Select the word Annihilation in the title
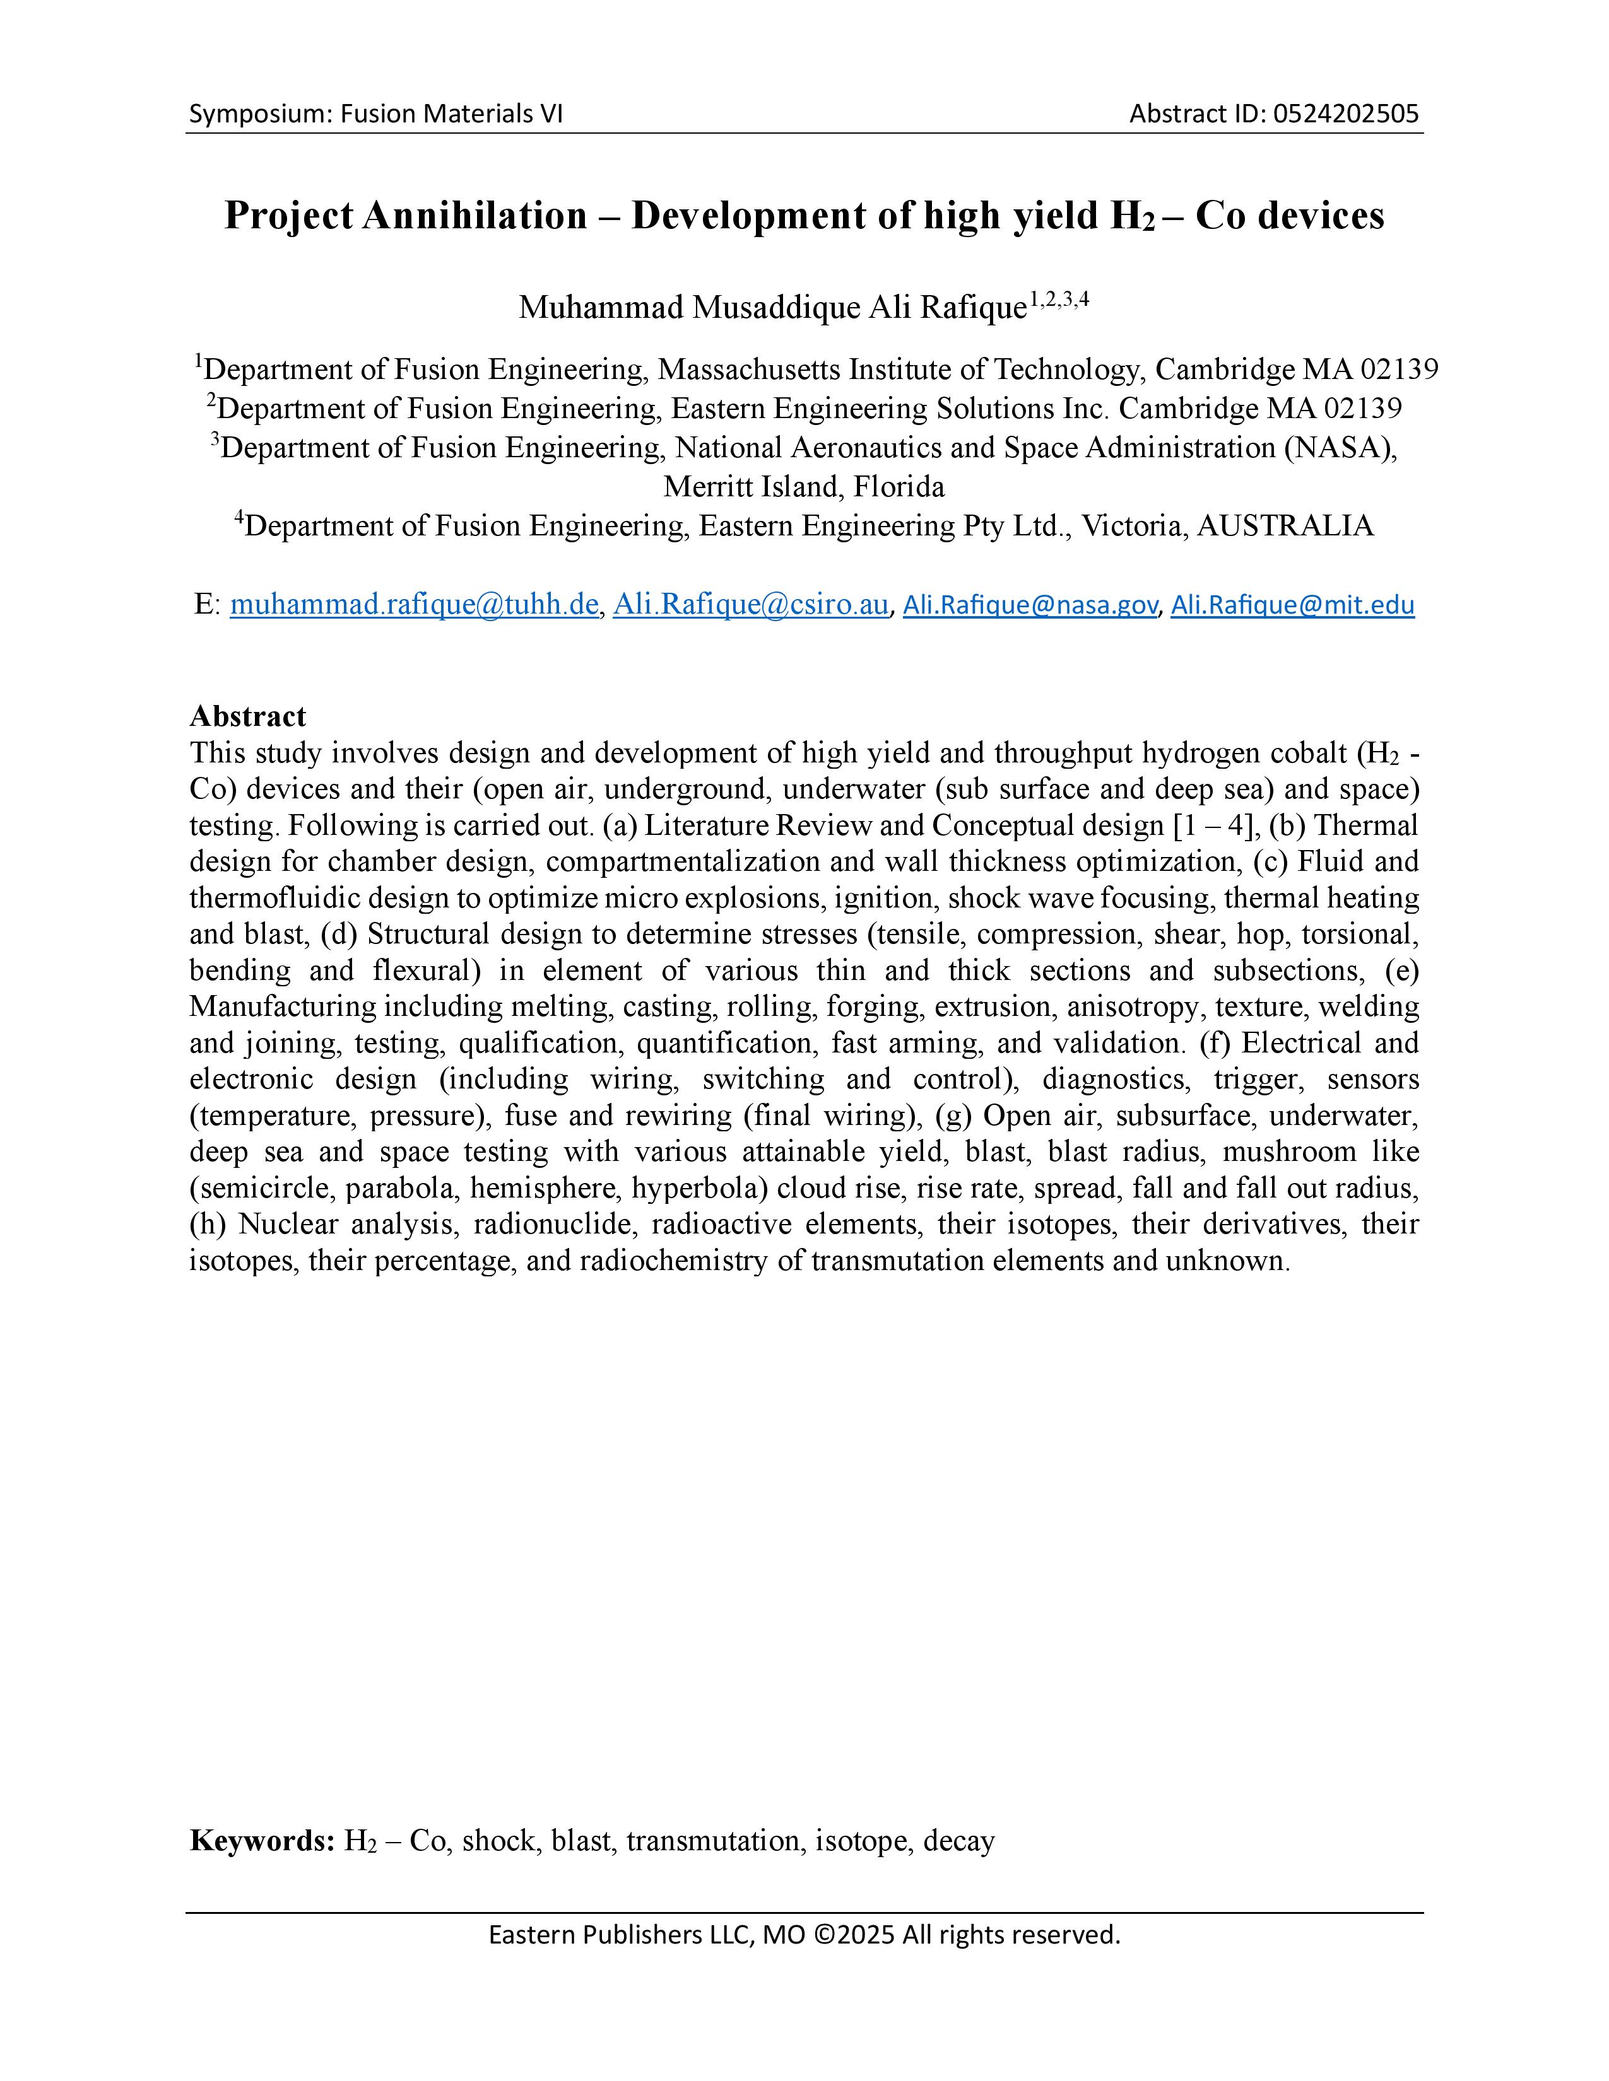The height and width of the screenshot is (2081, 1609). coord(474,216)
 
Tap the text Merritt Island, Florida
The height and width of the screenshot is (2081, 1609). coord(803,486)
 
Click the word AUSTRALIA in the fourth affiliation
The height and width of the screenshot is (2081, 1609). coord(1284,525)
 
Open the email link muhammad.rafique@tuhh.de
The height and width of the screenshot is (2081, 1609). coord(414,604)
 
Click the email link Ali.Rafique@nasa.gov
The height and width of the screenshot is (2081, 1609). coord(1030,605)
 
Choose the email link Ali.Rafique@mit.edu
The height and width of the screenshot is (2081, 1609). coord(1292,605)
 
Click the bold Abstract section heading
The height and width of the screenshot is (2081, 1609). coord(248,716)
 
